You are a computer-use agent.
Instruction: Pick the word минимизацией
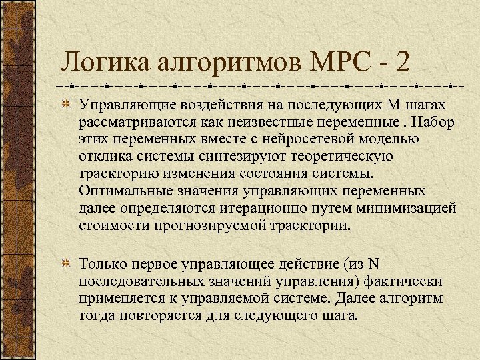[x=413, y=209]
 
